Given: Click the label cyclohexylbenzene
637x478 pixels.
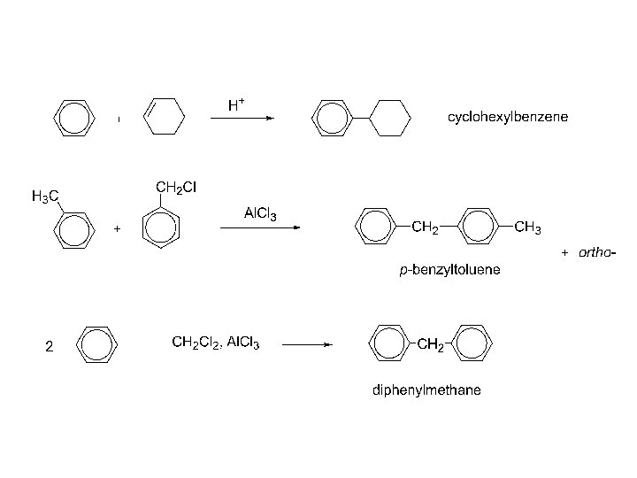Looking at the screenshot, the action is (x=507, y=117).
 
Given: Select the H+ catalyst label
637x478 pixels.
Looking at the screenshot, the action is (x=236, y=105).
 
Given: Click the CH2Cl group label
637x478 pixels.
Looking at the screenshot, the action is (x=181, y=187).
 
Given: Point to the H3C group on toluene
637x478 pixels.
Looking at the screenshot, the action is (x=45, y=196).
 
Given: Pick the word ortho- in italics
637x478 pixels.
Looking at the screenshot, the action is (x=596, y=253).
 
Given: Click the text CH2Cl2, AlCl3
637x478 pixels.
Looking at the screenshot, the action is (x=215, y=343).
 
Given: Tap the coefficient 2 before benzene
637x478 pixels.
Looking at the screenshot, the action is (x=49, y=348).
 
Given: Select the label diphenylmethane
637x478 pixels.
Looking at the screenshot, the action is (x=426, y=390).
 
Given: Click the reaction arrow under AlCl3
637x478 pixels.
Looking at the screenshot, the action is (x=260, y=227).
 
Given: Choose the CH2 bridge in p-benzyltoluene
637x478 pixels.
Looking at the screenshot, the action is (x=426, y=228).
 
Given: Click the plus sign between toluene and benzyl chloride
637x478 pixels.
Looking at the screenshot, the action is (x=117, y=228).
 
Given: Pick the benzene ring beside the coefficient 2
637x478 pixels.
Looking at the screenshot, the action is (x=95, y=343).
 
